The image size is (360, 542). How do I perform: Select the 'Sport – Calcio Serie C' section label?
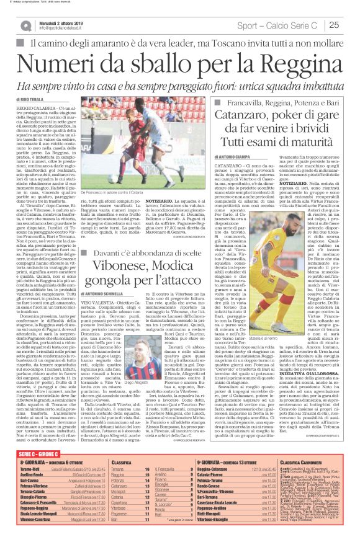(289, 25)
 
